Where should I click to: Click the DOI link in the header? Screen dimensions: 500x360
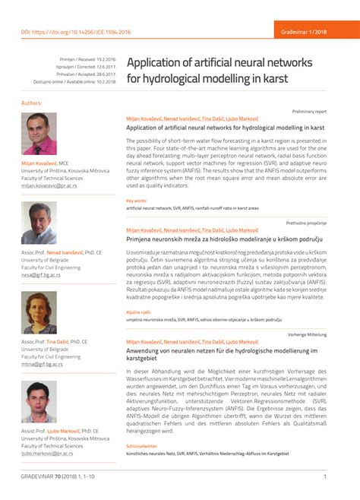[76, 32]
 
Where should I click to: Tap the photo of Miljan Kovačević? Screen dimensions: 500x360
[39, 134]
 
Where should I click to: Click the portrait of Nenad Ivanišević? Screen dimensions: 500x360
[39, 223]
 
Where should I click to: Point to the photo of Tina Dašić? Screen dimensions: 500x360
[39, 312]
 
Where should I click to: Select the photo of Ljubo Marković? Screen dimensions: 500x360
[39, 402]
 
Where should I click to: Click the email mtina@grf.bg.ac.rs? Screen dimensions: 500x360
[42, 365]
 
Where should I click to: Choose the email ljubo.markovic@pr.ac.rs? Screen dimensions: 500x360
[47, 454]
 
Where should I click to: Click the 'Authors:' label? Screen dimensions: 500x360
[32, 103]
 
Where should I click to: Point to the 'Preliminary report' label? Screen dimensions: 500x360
[309, 111]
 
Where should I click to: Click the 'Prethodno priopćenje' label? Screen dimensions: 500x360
[306, 223]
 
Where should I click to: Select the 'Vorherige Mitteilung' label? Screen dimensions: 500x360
[307, 334]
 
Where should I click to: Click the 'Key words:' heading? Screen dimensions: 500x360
[137, 201]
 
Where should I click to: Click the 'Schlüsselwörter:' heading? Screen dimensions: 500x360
[142, 446]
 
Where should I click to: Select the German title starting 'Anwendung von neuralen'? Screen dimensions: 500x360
[221, 355]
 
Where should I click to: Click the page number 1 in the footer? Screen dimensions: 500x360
[324, 476]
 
